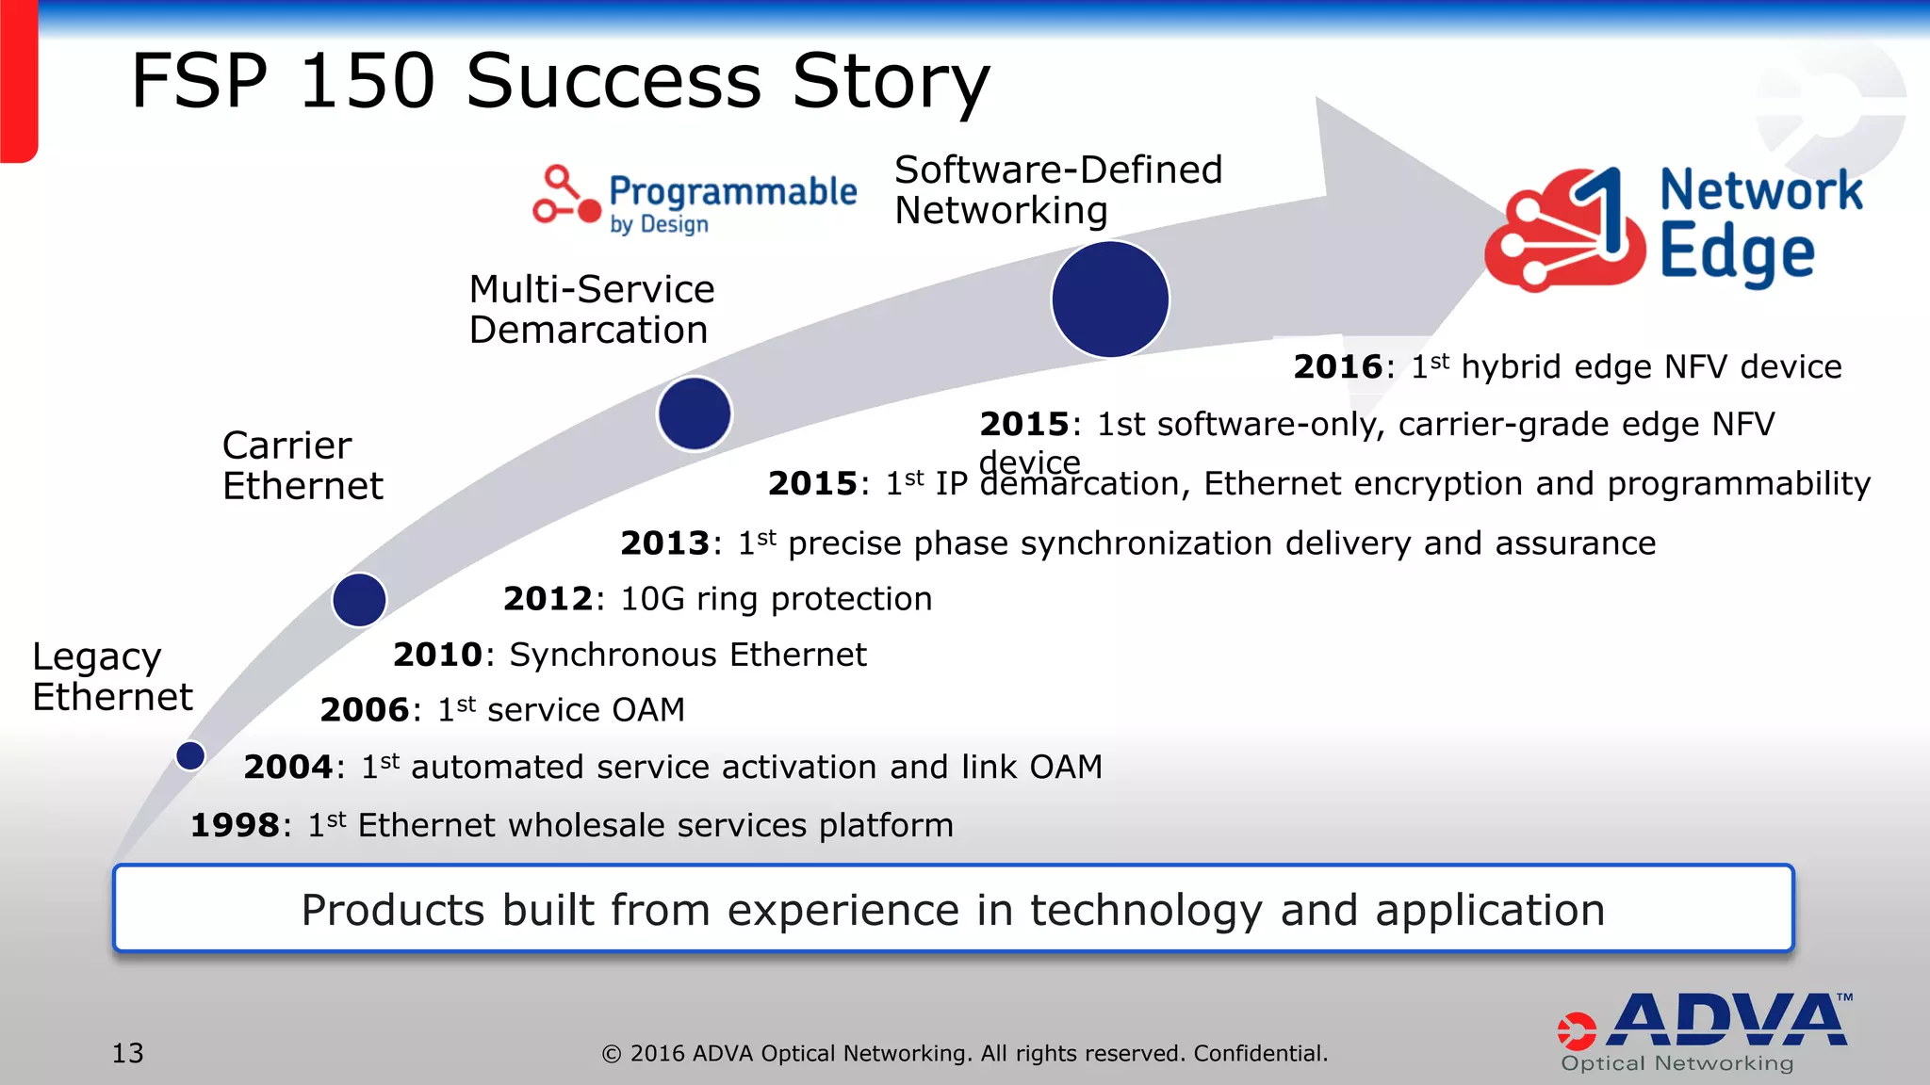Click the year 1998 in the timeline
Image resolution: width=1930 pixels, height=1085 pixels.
235,826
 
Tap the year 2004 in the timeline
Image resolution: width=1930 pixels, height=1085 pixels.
287,768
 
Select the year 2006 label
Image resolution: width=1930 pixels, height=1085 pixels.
364,710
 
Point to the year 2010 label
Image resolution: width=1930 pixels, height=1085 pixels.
437,655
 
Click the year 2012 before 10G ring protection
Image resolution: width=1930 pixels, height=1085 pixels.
548,599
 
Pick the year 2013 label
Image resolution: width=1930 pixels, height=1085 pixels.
664,543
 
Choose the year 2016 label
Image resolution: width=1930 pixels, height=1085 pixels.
1337,367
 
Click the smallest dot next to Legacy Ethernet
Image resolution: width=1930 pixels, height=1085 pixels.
190,755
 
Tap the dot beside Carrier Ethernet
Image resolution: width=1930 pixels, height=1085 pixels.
359,600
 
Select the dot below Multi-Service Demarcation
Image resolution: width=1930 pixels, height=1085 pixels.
695,413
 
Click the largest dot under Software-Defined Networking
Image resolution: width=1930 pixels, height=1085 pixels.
1110,300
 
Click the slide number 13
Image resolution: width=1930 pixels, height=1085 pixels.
128,1053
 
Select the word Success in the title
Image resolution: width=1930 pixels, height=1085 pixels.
613,81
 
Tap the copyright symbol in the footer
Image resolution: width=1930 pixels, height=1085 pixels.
612,1054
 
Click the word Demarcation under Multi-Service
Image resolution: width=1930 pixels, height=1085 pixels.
588,331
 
